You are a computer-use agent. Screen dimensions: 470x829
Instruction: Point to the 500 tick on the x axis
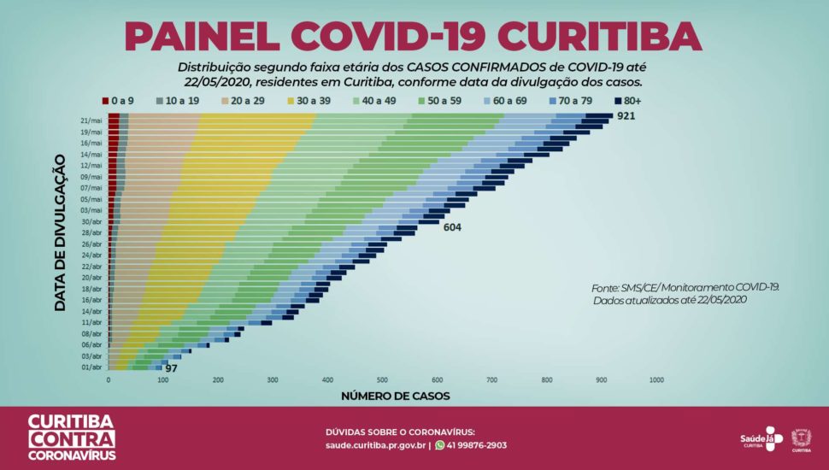coord(383,380)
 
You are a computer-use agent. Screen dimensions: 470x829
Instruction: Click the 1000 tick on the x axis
coord(656,380)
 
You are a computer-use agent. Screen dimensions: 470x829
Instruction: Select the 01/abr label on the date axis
coord(91,367)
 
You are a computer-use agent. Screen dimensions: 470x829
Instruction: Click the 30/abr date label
coord(91,221)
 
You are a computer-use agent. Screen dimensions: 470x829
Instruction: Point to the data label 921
coord(627,116)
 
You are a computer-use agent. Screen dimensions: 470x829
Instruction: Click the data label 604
coord(452,227)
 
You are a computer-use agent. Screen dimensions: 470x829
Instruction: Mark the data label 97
coord(171,367)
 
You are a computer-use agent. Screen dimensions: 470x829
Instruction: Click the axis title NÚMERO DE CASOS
coord(395,397)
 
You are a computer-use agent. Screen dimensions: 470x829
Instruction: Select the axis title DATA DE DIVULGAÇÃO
coord(61,232)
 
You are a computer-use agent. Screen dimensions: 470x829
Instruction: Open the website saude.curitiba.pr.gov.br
coord(375,445)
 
